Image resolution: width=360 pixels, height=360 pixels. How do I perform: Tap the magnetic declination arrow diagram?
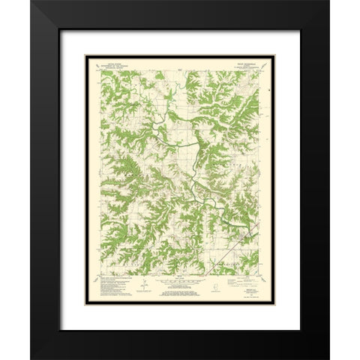click(140, 283)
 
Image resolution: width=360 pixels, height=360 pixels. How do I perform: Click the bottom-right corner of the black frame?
click(328, 358)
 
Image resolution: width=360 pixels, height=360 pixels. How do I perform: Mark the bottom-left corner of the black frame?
click(31, 358)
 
